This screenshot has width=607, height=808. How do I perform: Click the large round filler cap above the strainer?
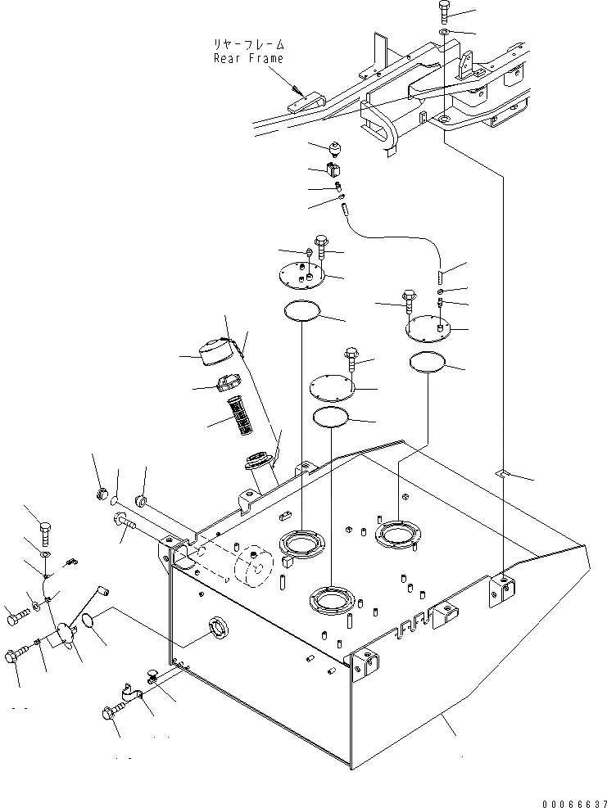(220, 350)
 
